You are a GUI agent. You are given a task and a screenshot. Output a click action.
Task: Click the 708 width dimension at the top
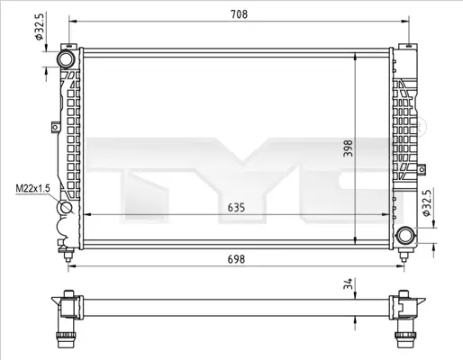tap(238, 14)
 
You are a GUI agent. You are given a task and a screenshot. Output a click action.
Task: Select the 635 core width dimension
tap(236, 206)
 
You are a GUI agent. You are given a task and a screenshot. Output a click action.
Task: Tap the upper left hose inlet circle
tap(68, 58)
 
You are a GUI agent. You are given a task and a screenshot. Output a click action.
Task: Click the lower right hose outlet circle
tap(405, 236)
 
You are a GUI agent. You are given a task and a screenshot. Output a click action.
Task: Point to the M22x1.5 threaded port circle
tap(68, 211)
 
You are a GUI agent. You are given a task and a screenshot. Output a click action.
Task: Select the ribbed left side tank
tap(68, 135)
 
